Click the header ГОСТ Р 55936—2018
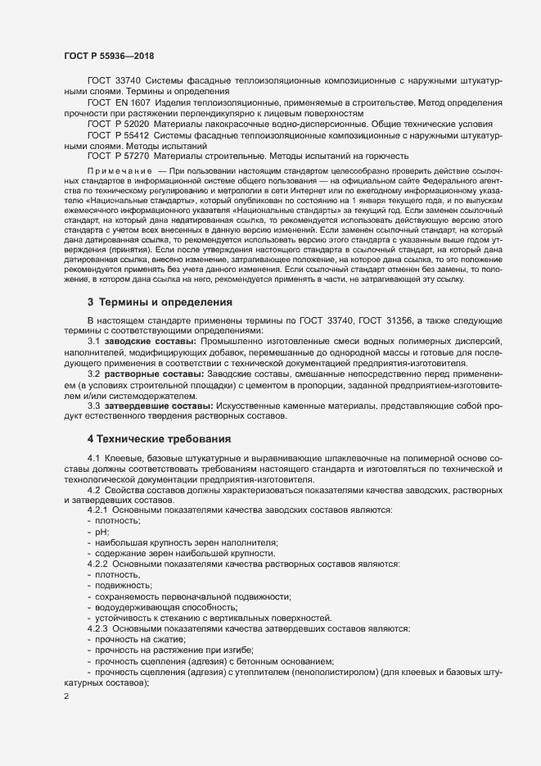click(109, 55)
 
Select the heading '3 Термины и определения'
click(159, 301)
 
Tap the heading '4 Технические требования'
click(159, 439)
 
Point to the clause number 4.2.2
click(97, 564)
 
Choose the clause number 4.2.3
click(97, 628)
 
